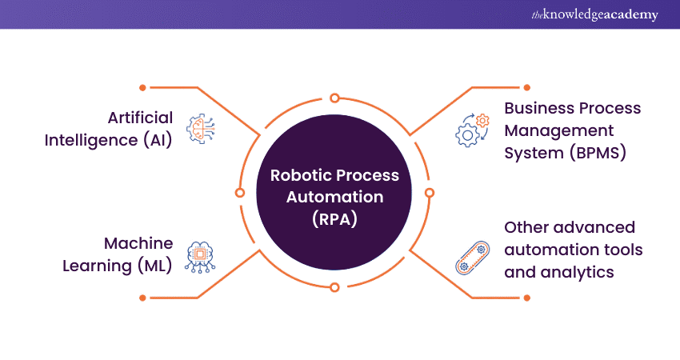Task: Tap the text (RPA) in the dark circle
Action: (x=334, y=217)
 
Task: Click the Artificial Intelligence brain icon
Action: (x=200, y=130)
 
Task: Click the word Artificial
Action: (x=140, y=118)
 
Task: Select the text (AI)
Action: (x=157, y=140)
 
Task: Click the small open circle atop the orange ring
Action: (x=334, y=98)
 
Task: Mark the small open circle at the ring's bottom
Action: (x=334, y=286)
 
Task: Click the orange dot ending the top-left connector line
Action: (x=142, y=86)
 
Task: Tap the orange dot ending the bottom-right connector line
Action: (x=526, y=298)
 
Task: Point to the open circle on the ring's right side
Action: (x=429, y=193)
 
